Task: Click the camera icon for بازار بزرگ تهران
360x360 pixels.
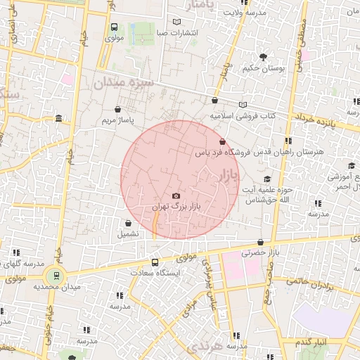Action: click(x=176, y=195)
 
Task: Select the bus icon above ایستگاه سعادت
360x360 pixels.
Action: click(x=155, y=262)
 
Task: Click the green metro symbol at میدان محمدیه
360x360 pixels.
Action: click(x=53, y=276)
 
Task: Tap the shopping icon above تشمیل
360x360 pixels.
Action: click(x=128, y=223)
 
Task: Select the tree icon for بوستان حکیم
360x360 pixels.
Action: click(x=263, y=56)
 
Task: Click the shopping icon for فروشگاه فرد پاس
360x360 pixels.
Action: click(x=223, y=142)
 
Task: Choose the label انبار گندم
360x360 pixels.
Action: click(x=309, y=341)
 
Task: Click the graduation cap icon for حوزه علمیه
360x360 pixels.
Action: click(x=267, y=179)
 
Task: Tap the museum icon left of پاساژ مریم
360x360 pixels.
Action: click(x=57, y=117)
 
